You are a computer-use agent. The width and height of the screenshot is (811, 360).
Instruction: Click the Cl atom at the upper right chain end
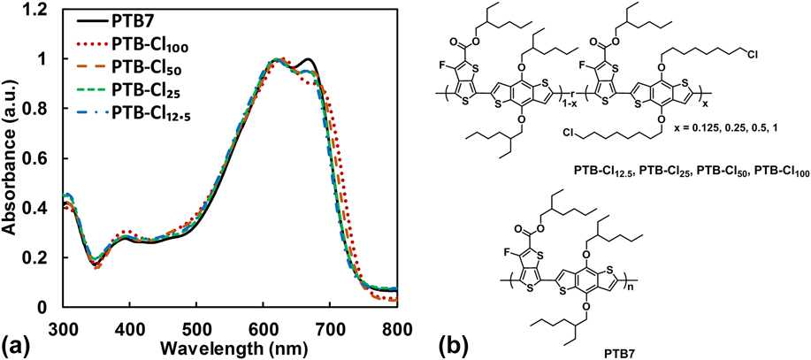click(x=751, y=53)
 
